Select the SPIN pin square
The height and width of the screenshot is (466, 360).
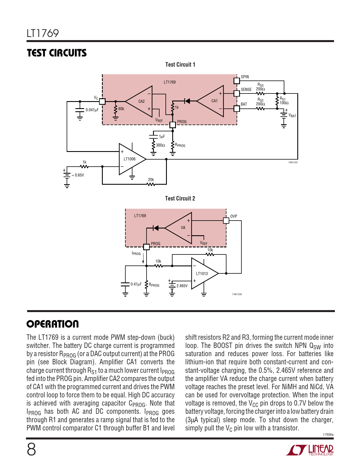237,81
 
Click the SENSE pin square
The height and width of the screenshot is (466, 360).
237,93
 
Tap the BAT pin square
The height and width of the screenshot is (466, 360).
237,109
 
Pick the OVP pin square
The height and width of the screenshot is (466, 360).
226,221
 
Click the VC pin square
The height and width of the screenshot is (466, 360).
102,101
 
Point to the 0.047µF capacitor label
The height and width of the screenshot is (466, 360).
92,110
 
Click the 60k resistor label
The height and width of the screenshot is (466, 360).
121,109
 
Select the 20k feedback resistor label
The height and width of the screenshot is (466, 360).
151,180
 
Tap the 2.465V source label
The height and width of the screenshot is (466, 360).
182,286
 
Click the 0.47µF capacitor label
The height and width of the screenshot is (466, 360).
136,284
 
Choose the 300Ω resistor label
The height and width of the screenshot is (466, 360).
160,145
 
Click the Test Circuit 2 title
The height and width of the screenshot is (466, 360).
180,198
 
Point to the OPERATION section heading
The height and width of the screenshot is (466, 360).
53,324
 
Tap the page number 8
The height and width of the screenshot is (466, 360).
31,450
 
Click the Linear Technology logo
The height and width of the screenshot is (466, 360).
310,450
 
